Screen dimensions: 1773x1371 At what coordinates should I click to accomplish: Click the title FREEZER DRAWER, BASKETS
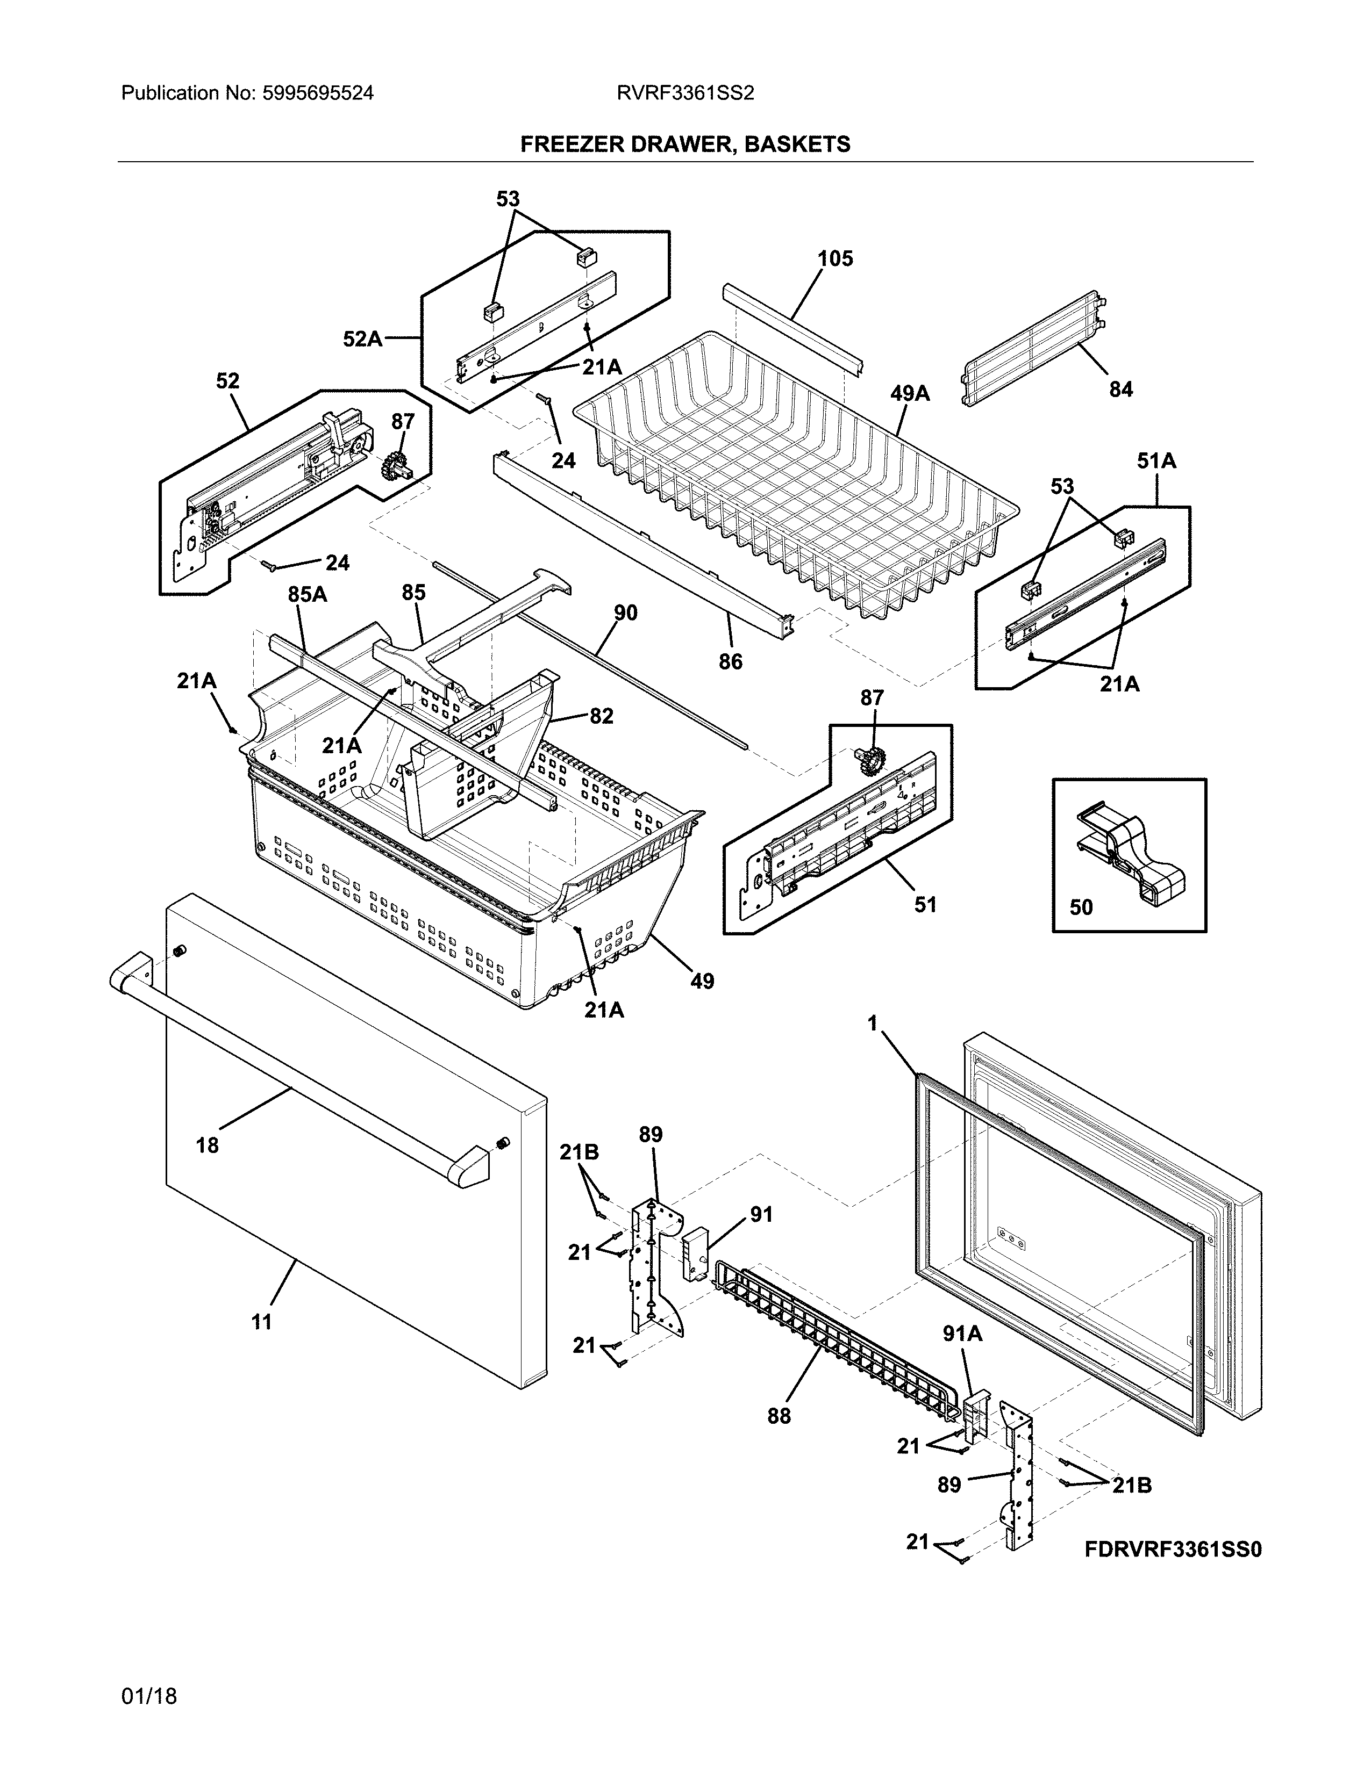tap(684, 145)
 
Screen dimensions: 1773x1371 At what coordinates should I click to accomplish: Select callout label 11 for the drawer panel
tap(261, 1322)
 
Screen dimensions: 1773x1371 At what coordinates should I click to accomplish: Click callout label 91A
tap(962, 1356)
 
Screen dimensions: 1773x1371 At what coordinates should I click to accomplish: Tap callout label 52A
tap(362, 338)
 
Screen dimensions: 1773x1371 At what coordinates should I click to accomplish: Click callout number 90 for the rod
tap(625, 613)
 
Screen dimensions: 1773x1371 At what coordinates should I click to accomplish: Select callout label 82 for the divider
tap(601, 716)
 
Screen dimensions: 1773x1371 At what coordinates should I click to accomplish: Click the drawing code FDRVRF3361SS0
tap(1173, 1549)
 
